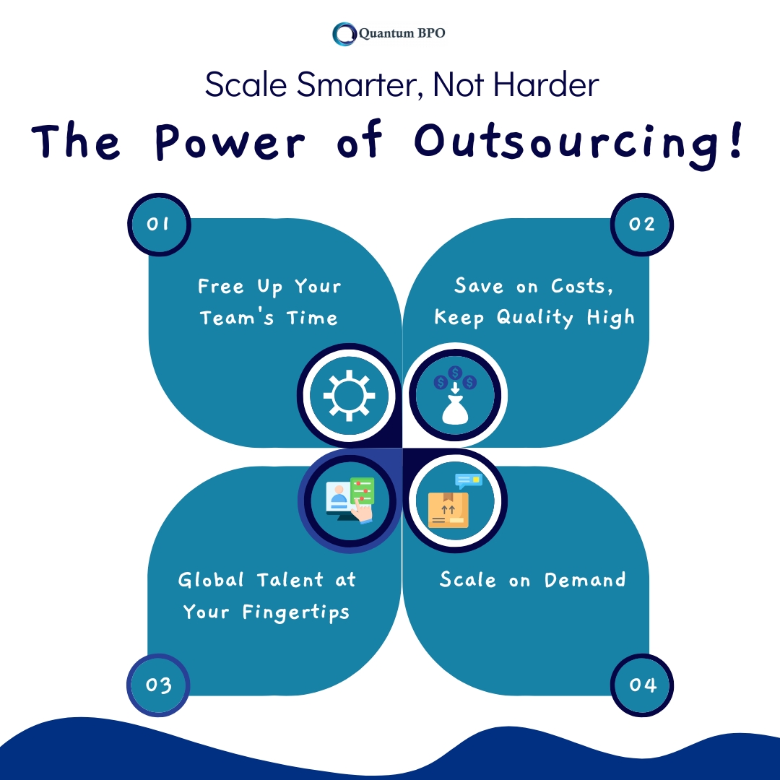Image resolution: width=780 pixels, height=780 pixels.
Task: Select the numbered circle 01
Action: click(x=159, y=225)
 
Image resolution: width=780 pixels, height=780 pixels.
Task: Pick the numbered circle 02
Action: click(x=642, y=225)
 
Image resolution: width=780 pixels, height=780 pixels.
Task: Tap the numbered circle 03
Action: click(x=159, y=685)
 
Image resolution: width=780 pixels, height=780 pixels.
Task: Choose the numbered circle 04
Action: click(x=642, y=685)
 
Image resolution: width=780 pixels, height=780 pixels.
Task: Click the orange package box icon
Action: click(x=448, y=510)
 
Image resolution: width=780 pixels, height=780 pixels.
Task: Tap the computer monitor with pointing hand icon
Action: click(x=350, y=500)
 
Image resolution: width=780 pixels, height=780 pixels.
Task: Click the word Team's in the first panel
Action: click(x=237, y=317)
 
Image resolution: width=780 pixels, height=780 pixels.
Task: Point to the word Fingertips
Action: click(x=296, y=612)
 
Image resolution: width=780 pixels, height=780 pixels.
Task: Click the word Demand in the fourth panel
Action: click(x=585, y=580)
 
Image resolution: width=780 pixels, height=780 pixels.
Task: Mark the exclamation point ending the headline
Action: click(x=736, y=140)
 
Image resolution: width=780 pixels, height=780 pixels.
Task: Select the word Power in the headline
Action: click(x=230, y=142)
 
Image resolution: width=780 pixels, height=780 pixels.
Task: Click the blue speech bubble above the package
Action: click(x=469, y=480)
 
